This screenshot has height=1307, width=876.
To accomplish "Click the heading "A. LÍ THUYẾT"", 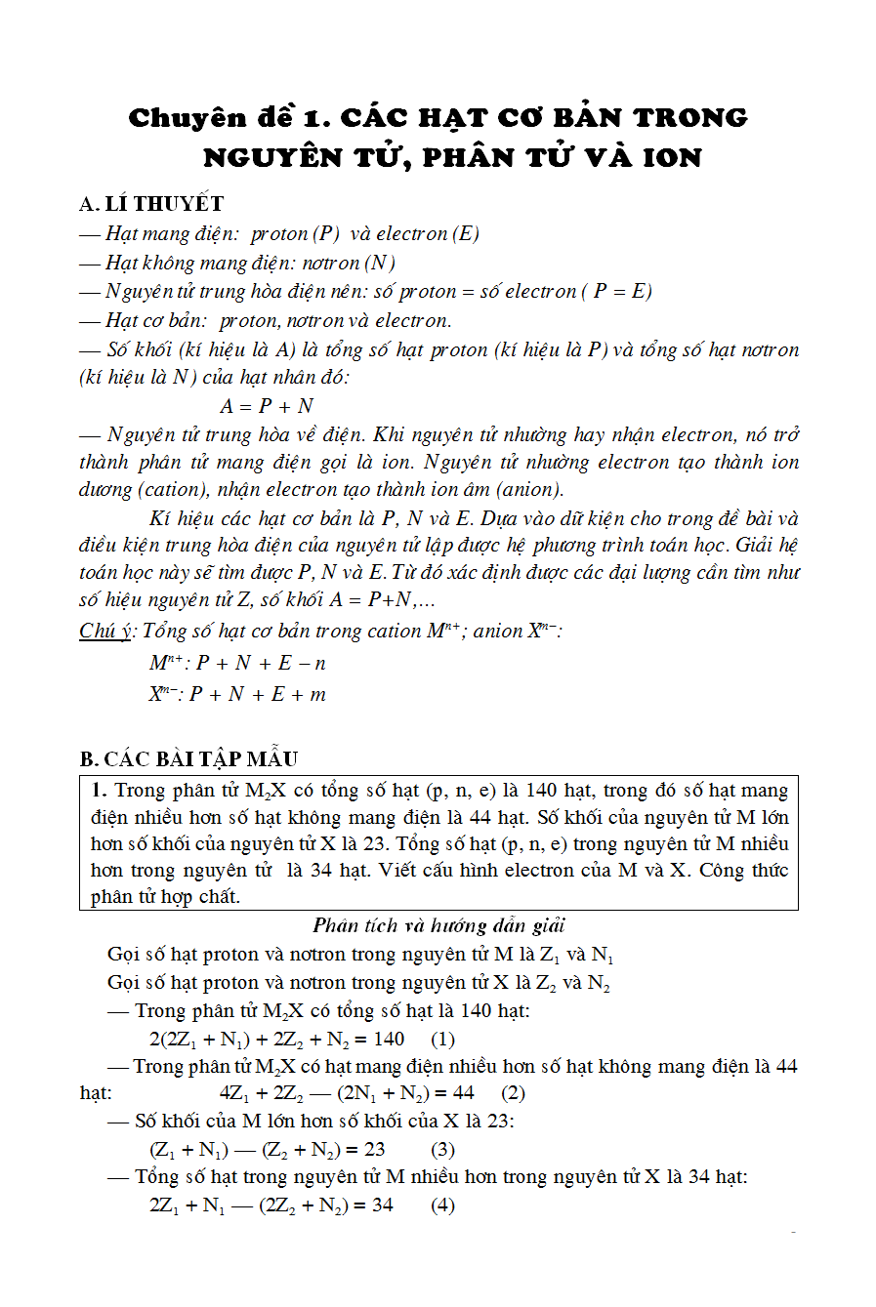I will coord(151,204).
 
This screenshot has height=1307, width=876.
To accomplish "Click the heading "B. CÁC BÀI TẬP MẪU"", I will coord(188,759).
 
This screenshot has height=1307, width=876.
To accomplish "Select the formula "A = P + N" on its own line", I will coord(267,406).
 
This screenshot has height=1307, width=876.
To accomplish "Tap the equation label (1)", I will coord(442,1039).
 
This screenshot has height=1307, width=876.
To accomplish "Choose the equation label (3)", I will coord(442,1149).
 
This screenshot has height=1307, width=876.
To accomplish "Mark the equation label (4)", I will coord(442,1205).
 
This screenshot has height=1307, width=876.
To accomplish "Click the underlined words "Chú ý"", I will coord(105,632).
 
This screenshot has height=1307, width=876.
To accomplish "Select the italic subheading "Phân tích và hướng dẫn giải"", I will coord(438,925).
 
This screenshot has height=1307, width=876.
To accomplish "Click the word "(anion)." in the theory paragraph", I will coord(529,490).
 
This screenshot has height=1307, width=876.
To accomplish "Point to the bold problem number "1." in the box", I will coord(99,791).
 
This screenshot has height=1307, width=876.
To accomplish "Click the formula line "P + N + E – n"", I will coord(261,664).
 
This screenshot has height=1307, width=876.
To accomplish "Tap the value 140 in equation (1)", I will coord(389,1039).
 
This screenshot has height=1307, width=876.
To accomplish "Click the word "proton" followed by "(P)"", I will coord(279,234).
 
